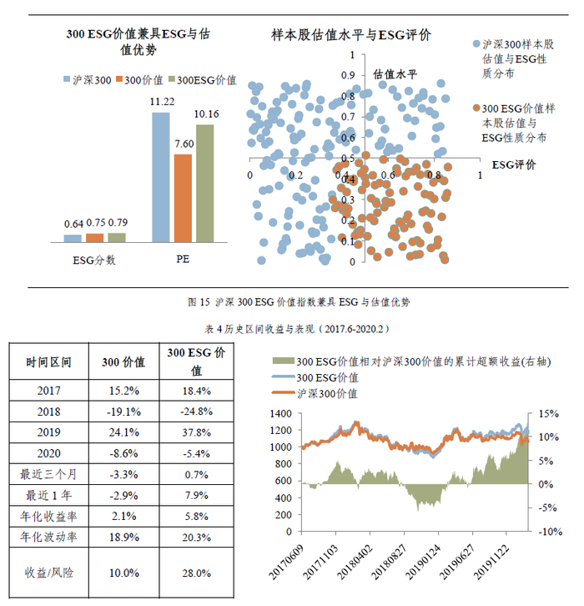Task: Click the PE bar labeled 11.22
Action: (x=160, y=176)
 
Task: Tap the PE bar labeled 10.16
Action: (x=204, y=183)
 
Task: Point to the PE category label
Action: (x=183, y=259)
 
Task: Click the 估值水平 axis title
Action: (x=395, y=73)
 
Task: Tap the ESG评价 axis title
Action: (x=514, y=164)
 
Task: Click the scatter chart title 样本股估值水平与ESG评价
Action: (x=351, y=35)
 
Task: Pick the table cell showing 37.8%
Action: (x=197, y=433)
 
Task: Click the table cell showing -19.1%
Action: (x=123, y=412)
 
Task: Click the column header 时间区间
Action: (x=49, y=362)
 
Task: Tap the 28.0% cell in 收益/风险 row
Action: (x=197, y=573)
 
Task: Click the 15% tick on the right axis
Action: (x=547, y=413)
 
